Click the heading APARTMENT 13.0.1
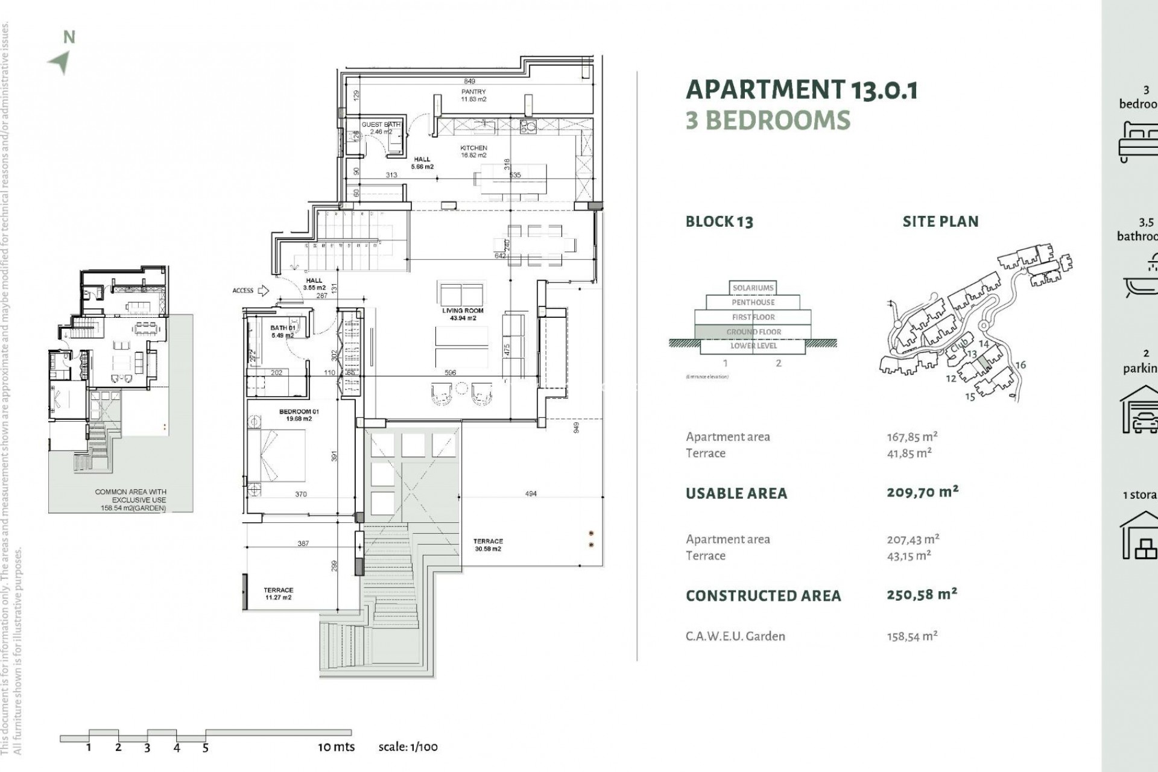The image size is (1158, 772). tap(802, 90)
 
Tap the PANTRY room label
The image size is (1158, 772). tap(473, 95)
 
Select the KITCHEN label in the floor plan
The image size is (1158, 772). tap(473, 151)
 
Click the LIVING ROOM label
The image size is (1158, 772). tap(463, 314)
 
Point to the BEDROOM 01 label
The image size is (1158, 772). tap(299, 415)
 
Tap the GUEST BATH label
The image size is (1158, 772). tap(381, 128)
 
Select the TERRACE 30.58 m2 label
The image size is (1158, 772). tap(488, 545)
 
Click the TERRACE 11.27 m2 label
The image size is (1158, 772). tap(278, 593)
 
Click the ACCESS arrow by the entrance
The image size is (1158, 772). tap(263, 291)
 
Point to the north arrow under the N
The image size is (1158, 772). tap(60, 62)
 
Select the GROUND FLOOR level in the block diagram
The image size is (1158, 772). tap(753, 332)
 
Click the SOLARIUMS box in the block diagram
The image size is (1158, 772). tap(753, 288)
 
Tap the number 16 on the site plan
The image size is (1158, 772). tap(1020, 365)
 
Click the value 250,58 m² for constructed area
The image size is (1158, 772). tap(922, 595)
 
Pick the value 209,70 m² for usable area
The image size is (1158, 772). tap(922, 492)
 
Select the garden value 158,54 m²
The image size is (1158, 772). tap(912, 636)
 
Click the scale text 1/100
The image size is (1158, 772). tap(408, 747)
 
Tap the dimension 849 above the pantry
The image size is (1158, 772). tap(469, 81)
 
